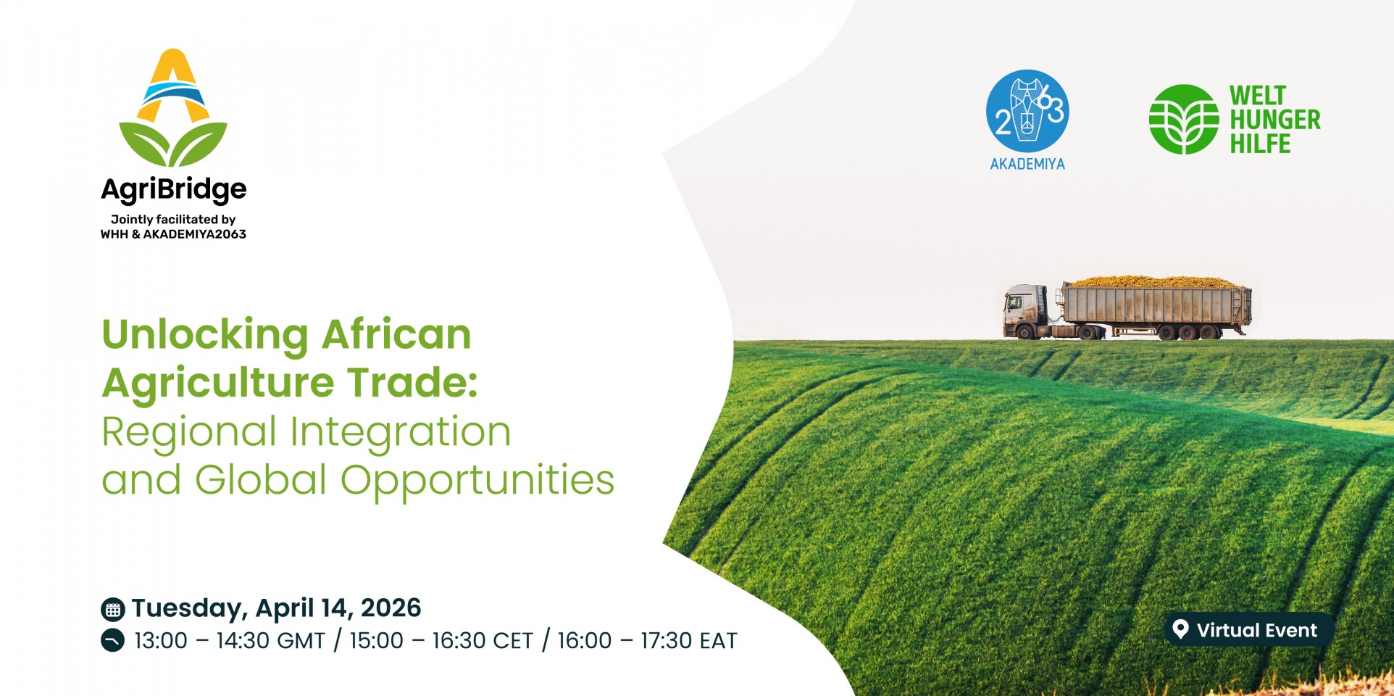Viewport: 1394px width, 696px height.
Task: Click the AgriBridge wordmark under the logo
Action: [174, 190]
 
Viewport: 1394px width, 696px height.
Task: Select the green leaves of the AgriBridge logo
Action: [173, 144]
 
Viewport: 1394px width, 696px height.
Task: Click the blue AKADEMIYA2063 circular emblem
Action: [1027, 111]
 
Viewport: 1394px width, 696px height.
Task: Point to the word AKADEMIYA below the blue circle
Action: [1027, 165]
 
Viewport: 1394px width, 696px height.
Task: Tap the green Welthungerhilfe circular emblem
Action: [1184, 119]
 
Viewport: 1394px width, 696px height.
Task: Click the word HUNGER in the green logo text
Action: [1275, 120]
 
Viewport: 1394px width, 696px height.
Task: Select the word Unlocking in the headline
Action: [205, 336]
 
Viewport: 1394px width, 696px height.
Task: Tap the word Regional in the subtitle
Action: [189, 433]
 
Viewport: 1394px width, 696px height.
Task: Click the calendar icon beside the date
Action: [112, 610]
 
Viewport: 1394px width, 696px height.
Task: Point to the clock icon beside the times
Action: [112, 641]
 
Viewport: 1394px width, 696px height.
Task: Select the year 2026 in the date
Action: [391, 608]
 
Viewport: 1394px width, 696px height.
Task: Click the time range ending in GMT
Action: [230, 641]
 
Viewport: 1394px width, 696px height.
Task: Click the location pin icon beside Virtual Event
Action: [1180, 629]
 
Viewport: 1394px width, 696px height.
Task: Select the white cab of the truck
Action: [1024, 310]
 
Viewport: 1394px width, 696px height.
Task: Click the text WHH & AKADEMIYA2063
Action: [173, 234]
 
